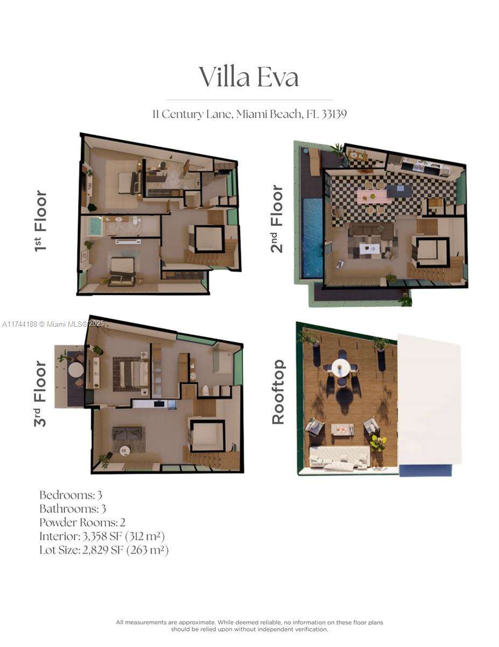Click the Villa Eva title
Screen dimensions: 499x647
249,77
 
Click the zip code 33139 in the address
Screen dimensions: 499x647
334,114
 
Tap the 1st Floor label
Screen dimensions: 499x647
41,221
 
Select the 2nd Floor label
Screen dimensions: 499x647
277,219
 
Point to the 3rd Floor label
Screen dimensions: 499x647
40,394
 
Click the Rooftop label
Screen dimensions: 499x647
278,392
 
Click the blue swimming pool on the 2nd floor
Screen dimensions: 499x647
313,238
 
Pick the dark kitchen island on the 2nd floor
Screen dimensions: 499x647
399,190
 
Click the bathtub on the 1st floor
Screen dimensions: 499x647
95,227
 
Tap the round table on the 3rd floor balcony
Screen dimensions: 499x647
76,370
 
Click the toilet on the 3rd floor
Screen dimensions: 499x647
206,391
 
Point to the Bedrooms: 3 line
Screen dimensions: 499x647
71,495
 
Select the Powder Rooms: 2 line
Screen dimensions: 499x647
82,522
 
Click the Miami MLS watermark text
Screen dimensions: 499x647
53,323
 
